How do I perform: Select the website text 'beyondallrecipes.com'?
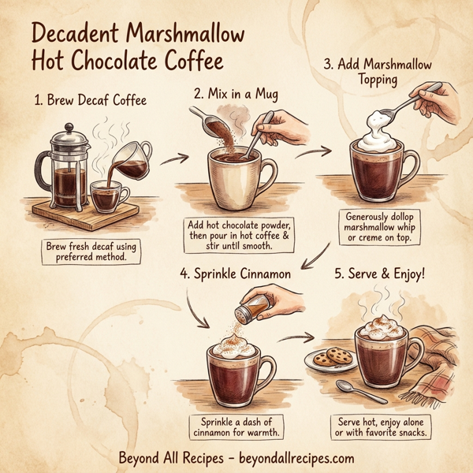[293, 458]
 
